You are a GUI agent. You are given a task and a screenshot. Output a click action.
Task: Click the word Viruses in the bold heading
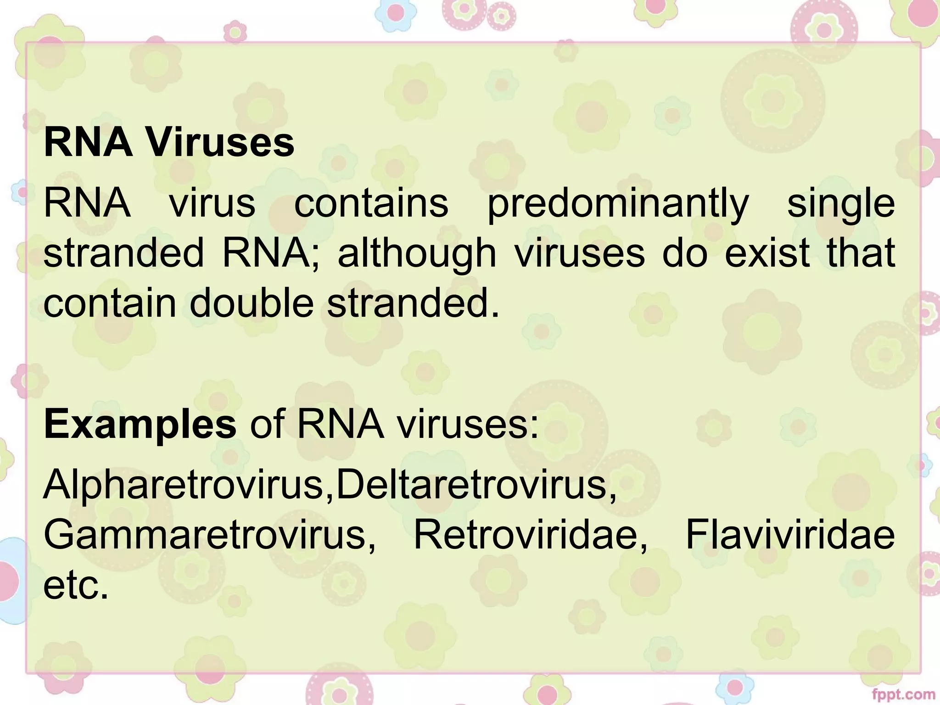[220, 143]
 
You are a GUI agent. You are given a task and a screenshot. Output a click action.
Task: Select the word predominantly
[617, 205]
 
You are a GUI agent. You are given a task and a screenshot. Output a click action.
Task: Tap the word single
[841, 205]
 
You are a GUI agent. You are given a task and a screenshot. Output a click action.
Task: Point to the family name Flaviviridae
[789, 535]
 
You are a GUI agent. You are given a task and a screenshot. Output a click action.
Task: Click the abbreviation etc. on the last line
[76, 586]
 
